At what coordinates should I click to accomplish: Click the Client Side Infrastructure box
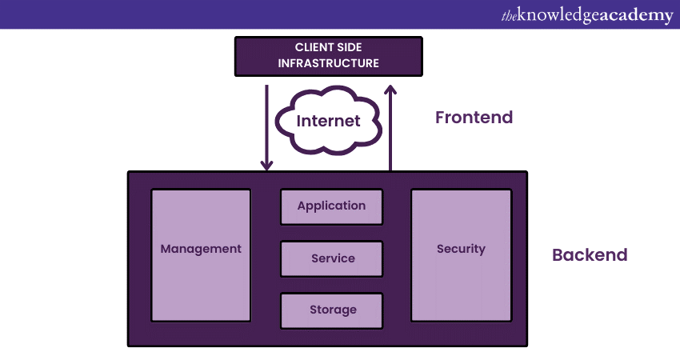click(x=328, y=55)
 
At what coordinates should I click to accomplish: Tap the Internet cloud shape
click(x=328, y=122)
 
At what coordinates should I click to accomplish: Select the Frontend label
click(x=474, y=118)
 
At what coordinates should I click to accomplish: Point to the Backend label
click(x=590, y=255)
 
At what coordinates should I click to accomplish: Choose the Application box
click(x=331, y=206)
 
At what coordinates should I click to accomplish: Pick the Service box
click(x=331, y=258)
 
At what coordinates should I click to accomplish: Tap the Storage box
click(x=331, y=310)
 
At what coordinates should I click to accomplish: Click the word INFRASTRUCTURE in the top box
click(x=328, y=63)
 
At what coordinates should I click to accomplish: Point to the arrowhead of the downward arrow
click(x=266, y=165)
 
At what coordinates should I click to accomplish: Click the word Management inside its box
click(x=201, y=249)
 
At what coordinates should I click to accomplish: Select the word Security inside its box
click(x=461, y=249)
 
